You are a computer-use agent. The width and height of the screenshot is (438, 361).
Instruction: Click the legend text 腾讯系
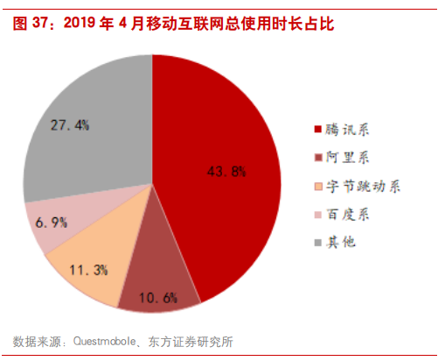348,130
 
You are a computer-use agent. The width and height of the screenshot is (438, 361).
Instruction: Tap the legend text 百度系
348,214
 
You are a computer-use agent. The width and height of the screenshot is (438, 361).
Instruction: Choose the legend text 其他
342,242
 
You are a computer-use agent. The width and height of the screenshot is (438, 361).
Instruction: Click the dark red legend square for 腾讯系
317,130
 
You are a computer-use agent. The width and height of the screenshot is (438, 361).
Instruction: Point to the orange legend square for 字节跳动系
317,186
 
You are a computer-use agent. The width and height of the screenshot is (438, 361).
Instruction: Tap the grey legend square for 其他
317,242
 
